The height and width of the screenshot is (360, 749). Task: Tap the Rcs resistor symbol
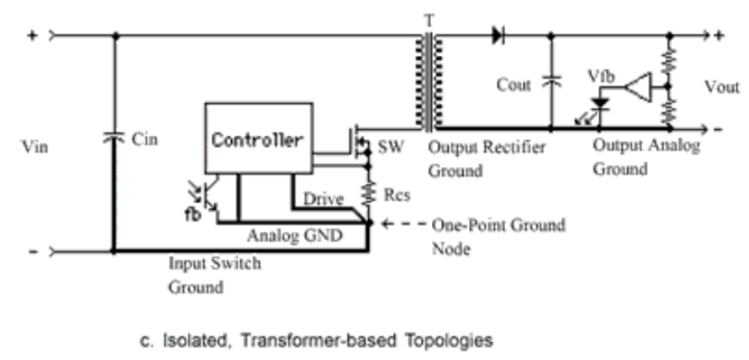(368, 193)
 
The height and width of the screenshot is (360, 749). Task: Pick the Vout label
(722, 87)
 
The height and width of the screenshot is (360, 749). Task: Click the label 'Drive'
(323, 199)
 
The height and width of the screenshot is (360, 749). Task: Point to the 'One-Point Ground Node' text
(498, 236)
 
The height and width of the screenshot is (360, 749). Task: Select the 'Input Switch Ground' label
(214, 275)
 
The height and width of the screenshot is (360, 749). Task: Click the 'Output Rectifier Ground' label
(487, 159)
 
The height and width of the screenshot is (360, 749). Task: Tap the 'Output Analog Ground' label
(646, 157)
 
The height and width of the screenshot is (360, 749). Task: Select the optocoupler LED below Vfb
(599, 105)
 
